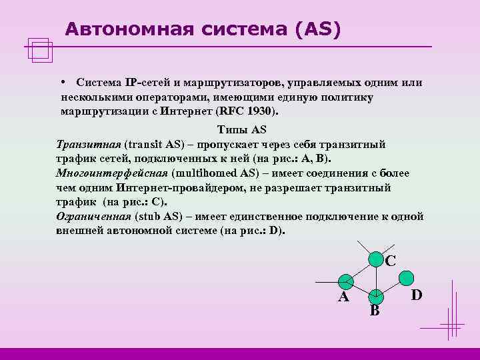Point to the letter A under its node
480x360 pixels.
(x=343, y=297)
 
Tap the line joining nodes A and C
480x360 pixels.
(x=361, y=269)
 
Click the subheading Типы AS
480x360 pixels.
(x=241, y=130)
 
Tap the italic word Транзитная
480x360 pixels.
(x=89, y=144)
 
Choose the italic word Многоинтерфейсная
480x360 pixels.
(x=112, y=173)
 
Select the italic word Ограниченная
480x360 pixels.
(x=94, y=217)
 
